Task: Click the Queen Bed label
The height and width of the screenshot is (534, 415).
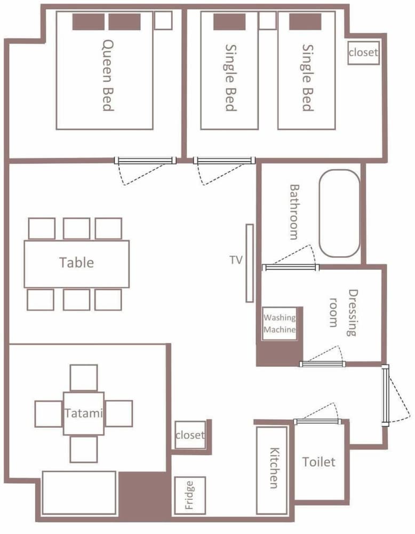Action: coord(108,75)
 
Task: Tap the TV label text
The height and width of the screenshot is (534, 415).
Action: coord(236,260)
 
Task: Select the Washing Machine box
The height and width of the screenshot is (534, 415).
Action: coord(280,324)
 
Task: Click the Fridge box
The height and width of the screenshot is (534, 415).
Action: coord(190,495)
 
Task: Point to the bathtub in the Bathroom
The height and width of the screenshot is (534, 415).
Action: coord(339,213)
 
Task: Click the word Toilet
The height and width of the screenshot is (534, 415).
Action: coord(319,462)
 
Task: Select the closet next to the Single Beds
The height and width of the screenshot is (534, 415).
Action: coord(363,53)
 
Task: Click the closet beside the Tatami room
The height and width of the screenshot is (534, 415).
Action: coord(190,435)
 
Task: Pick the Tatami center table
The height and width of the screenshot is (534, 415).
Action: coord(83,413)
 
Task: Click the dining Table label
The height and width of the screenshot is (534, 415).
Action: coord(76,263)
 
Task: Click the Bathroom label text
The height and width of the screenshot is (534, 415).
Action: coord(294,212)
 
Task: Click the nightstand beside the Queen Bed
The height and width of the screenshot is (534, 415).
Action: coord(163,20)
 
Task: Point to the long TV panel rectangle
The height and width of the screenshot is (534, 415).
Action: coord(250,263)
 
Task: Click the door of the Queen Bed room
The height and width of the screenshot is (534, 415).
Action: coord(145,160)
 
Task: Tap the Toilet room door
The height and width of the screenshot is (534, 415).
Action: coord(317,422)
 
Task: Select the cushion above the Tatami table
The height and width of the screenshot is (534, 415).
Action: coord(84,378)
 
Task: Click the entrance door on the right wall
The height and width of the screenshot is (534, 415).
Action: coord(385,395)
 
